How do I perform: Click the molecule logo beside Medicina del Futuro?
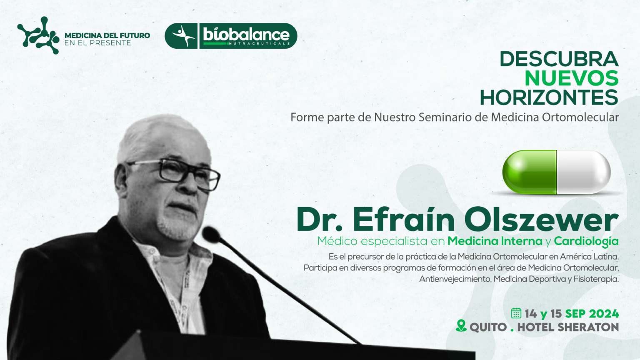[x=38, y=35]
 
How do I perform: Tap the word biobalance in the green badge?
[x=246, y=35]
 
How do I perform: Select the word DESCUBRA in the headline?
[x=559, y=59]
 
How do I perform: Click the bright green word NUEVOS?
[x=572, y=78]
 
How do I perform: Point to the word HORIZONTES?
[x=550, y=98]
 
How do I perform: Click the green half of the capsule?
[x=530, y=172]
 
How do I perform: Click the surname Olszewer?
[x=541, y=220]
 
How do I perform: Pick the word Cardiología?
[x=586, y=241]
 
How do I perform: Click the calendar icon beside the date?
[x=516, y=313]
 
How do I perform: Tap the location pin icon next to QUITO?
[x=461, y=326]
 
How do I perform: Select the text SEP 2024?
[x=592, y=314]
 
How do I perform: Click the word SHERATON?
[x=588, y=327]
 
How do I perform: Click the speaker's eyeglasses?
[x=174, y=173]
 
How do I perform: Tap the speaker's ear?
[x=121, y=180]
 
